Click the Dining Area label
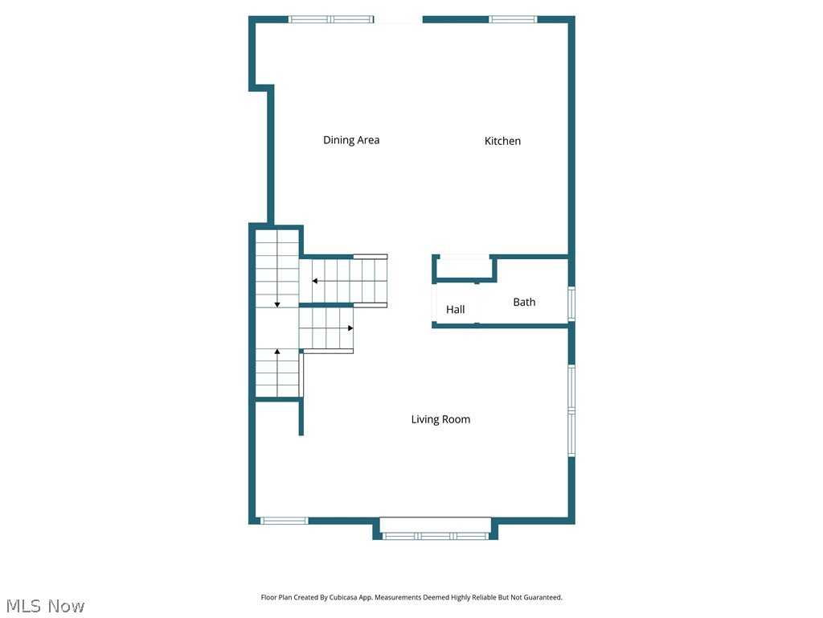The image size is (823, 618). pyautogui.click(x=351, y=140)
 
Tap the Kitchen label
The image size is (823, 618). pyautogui.click(x=502, y=141)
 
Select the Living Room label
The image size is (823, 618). pyautogui.click(x=440, y=419)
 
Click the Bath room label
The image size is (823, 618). pyautogui.click(x=524, y=302)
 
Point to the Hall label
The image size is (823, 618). pyautogui.click(x=456, y=309)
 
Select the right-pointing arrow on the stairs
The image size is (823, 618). pyautogui.click(x=350, y=328)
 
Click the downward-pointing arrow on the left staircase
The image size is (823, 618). pyautogui.click(x=277, y=303)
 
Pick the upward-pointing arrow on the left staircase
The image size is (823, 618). pyautogui.click(x=277, y=352)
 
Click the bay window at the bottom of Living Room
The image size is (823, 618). pyautogui.click(x=435, y=535)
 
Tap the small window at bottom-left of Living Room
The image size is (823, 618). pyautogui.click(x=285, y=521)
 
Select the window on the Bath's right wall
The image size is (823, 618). pyautogui.click(x=571, y=303)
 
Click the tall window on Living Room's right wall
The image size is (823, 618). pyautogui.click(x=571, y=410)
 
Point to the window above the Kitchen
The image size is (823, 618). pyautogui.click(x=513, y=19)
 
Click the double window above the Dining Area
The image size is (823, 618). pyautogui.click(x=331, y=19)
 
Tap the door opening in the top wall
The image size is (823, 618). pyautogui.click(x=398, y=19)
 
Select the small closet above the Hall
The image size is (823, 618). pyautogui.click(x=462, y=268)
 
